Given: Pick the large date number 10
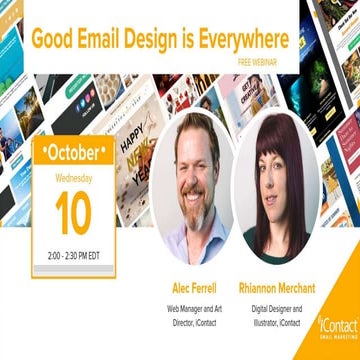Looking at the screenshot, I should click(x=74, y=213).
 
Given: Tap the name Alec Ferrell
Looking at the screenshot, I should click(x=196, y=288).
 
